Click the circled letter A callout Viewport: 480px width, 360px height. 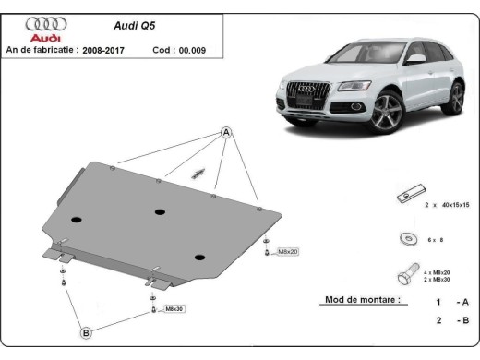pyautogui.click(x=224, y=133)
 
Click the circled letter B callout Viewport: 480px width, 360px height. pyautogui.click(x=85, y=332)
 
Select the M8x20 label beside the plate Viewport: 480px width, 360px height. pyautogui.click(x=288, y=251)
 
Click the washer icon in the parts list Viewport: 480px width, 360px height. pyautogui.click(x=405, y=238)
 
